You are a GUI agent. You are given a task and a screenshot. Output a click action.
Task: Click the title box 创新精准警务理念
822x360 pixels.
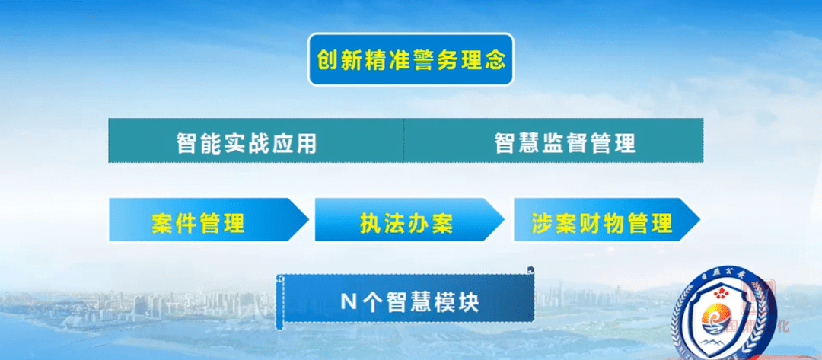[x=411, y=59]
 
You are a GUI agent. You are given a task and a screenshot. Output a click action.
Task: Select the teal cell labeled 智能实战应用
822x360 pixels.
[x=256, y=142]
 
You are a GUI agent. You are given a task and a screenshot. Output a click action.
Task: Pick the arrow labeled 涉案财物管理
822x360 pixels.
[x=601, y=221]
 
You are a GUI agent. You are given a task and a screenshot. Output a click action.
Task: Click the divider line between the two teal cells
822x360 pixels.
[x=403, y=142]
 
